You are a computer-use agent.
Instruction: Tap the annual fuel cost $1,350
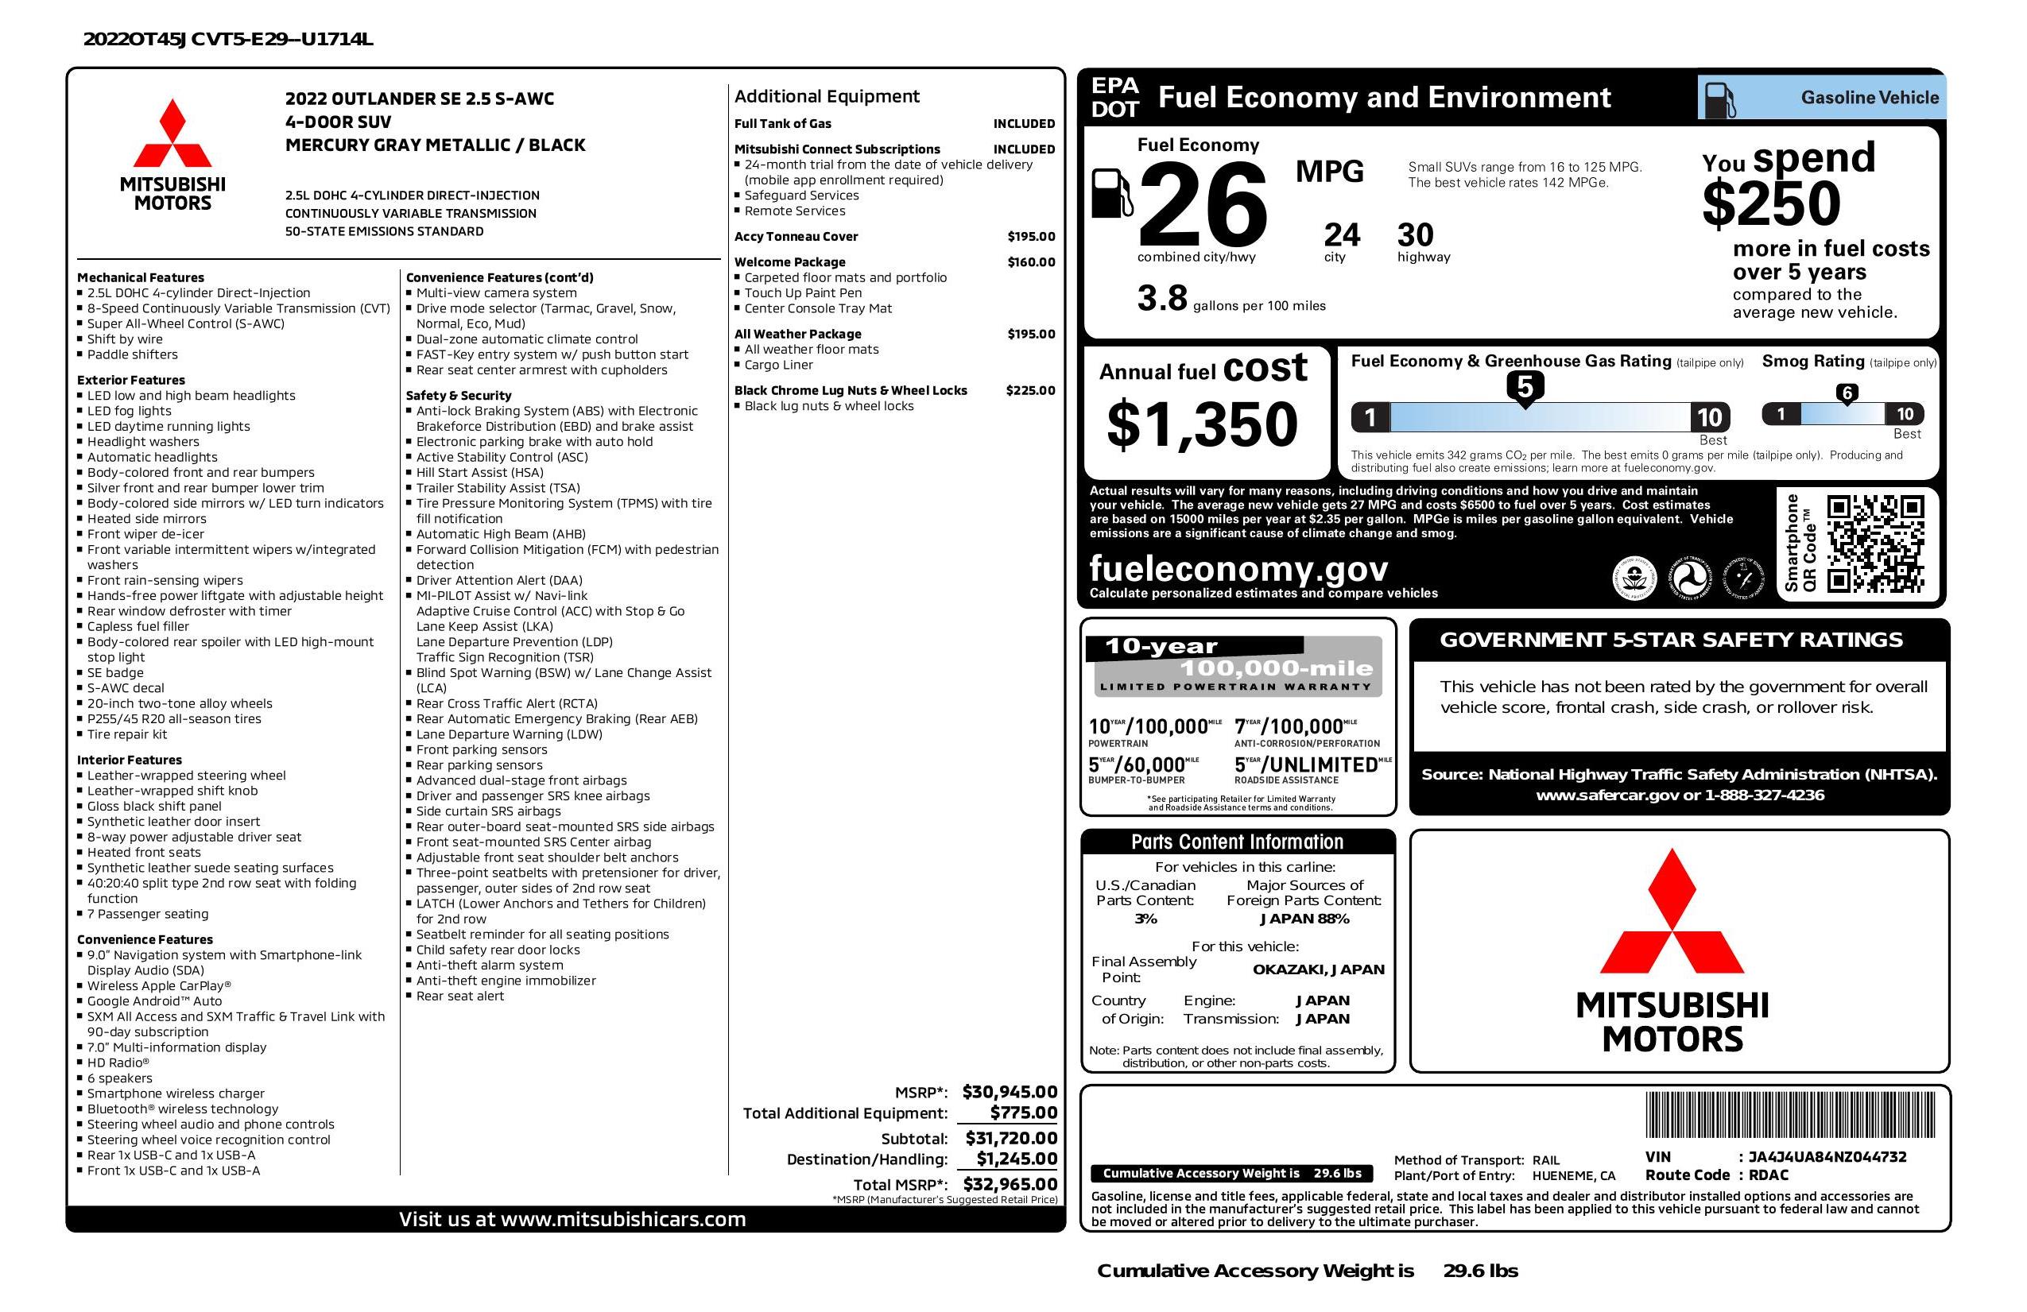tap(1202, 424)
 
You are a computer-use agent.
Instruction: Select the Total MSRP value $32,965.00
tap(1010, 1183)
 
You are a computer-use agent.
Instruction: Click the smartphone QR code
tap(1874, 544)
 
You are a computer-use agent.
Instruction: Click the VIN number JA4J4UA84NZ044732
tap(1827, 1156)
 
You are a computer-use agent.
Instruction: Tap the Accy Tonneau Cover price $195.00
tap(1030, 237)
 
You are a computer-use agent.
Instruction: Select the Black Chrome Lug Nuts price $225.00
tap(1029, 391)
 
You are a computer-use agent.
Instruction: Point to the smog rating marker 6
tap(1847, 393)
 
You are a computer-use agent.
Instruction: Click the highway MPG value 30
tap(1416, 235)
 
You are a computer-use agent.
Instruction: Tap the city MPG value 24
tap(1342, 235)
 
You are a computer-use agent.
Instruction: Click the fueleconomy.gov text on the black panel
tap(1238, 568)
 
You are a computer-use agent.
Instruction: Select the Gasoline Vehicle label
tap(1870, 98)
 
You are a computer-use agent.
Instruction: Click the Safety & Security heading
tap(458, 395)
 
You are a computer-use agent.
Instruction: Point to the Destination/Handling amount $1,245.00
tap(1016, 1159)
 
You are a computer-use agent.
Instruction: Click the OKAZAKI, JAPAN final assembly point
tap(1318, 969)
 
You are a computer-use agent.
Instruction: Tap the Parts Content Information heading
tap(1237, 842)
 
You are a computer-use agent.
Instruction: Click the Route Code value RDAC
tap(1768, 1175)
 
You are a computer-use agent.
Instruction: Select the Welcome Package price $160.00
tap(1030, 262)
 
